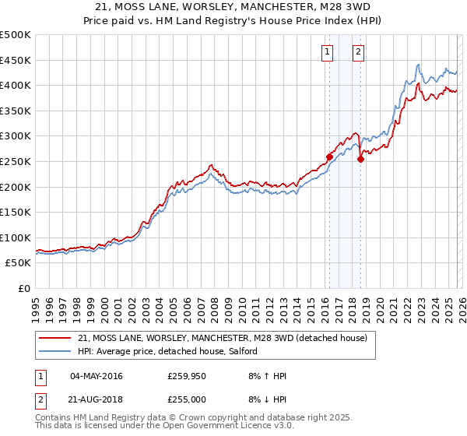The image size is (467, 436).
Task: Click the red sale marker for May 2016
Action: (329, 156)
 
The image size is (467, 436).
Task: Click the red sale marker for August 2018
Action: (360, 159)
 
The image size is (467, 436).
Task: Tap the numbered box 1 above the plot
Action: (326, 52)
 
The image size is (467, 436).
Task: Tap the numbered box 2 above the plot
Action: (358, 52)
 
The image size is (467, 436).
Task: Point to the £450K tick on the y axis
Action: (16, 60)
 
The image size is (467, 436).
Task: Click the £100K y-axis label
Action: (16, 237)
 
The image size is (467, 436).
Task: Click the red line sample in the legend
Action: (55, 338)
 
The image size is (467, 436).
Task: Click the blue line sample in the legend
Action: (55, 351)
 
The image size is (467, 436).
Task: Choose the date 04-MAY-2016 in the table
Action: (96, 376)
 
